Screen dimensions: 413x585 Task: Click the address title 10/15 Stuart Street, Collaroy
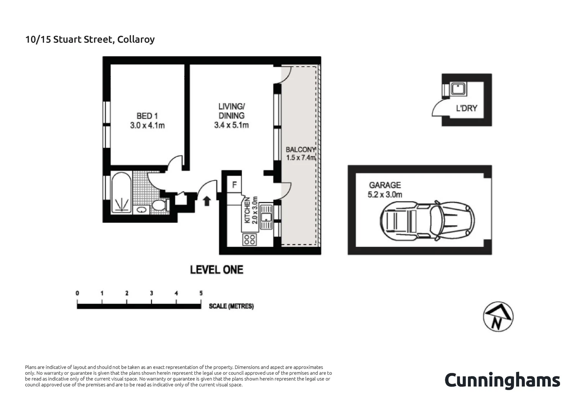coord(90,39)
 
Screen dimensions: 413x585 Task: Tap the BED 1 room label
coord(147,116)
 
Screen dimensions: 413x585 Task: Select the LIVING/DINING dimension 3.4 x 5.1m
coord(231,125)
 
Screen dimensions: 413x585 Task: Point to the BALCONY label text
coord(301,150)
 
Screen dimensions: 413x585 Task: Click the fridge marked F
coord(234,185)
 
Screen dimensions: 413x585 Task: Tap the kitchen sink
coord(266,217)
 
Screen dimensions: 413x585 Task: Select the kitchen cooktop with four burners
coord(250,240)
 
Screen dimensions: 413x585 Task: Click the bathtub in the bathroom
coord(121,193)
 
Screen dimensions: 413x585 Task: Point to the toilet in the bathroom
coord(159,205)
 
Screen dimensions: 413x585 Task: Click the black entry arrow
coord(207,201)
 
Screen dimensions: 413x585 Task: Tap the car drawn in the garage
coord(427,221)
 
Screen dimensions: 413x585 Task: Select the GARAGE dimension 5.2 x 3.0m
coord(385,195)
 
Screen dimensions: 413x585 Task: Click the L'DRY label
coord(466,108)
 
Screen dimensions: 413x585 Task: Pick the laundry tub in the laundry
coord(458,89)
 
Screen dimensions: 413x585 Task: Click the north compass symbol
coord(498,317)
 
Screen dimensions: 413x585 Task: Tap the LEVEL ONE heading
coord(217,270)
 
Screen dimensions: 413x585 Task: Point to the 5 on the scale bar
coord(201,293)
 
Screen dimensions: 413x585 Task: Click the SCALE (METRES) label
coord(231,306)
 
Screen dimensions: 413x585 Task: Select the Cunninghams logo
coord(502,380)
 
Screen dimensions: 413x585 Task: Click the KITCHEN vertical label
coord(247,210)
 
